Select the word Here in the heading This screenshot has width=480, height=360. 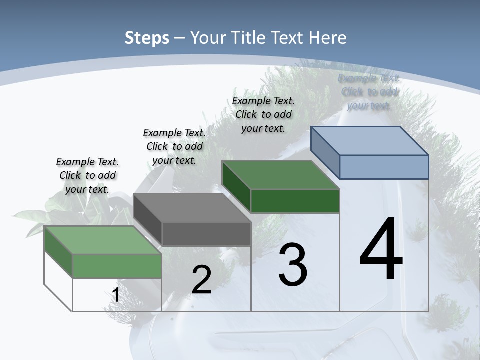[327, 38]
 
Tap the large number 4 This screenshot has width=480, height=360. [381, 250]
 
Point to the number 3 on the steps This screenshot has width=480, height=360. [292, 265]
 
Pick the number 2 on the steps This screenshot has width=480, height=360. [201, 280]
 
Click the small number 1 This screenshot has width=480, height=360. [115, 295]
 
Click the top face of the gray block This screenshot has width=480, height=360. [192, 208]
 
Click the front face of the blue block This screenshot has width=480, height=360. [384, 167]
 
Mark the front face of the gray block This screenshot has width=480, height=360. [206, 234]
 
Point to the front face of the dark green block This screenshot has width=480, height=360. [295, 201]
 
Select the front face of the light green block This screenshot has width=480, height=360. [117, 265]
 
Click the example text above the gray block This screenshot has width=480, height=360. [174, 146]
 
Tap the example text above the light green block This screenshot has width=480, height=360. [87, 175]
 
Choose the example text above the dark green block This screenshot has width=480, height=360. [263, 114]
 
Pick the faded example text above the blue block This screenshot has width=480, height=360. [369, 92]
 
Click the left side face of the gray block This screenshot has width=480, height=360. [148, 220]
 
